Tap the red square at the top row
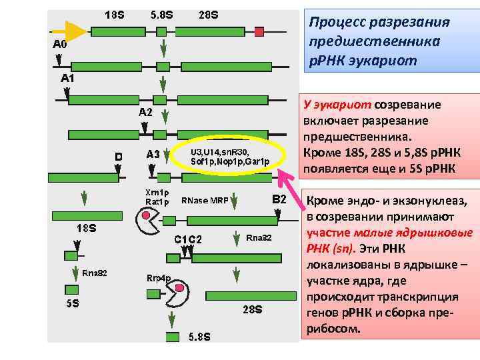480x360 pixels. pos(259,31)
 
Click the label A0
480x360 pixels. pos(60,45)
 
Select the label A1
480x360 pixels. pos(68,79)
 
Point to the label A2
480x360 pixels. pos(146,113)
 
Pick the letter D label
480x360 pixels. pos(118,156)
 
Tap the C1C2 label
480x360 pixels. pos(188,239)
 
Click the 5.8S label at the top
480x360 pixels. pos(162,14)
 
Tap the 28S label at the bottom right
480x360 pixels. pos(252,310)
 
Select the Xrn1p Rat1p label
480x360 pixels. pos(157,197)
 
